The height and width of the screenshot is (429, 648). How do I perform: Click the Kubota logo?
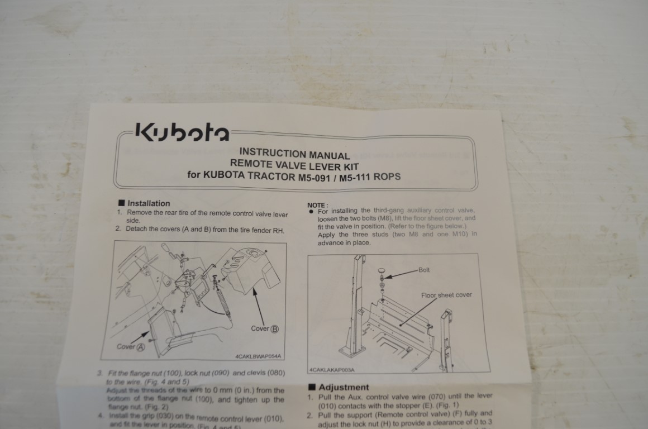point(181,134)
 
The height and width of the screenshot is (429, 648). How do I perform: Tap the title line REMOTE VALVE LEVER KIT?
point(294,165)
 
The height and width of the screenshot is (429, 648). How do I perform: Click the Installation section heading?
point(148,203)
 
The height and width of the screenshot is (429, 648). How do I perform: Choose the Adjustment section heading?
point(343,387)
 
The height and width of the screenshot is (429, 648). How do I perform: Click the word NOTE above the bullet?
point(318,205)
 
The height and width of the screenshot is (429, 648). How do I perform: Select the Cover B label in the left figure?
point(265,328)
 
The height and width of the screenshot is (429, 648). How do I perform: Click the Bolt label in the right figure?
point(424,270)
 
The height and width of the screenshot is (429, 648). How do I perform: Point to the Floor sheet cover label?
point(446,295)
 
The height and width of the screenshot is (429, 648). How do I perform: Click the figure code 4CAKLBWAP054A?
point(259,355)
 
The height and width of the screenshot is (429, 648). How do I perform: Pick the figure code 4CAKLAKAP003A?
point(332,370)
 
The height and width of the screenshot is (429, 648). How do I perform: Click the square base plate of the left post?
point(351,351)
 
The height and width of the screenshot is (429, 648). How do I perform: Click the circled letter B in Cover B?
point(274,329)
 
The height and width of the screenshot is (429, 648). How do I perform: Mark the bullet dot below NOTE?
point(310,212)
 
